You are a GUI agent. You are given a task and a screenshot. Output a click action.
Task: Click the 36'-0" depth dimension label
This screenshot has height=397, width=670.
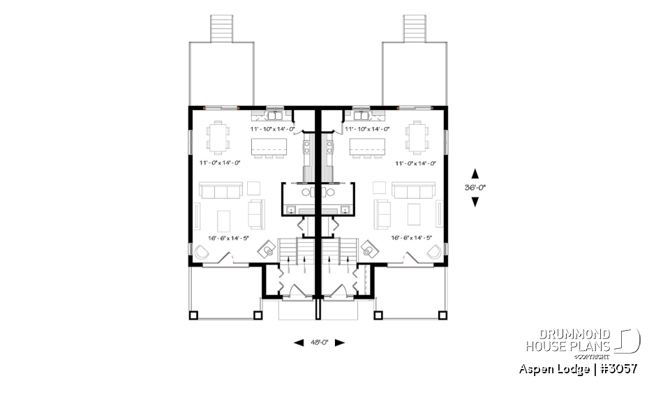475,187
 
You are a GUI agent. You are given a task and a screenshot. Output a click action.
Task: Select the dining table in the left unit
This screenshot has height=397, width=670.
220,136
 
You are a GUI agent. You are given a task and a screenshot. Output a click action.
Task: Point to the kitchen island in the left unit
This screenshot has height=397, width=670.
269,147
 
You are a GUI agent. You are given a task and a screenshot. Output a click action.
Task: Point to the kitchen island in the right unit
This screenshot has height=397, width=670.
368,147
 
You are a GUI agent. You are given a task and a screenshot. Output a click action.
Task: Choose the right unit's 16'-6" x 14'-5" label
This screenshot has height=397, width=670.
412,238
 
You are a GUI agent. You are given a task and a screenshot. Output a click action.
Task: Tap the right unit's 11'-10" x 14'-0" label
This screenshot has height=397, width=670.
366,129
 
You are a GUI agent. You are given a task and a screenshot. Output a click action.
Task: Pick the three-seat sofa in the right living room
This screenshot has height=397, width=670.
413,190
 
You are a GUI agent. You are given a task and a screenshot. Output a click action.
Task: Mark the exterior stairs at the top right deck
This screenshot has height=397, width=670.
415,28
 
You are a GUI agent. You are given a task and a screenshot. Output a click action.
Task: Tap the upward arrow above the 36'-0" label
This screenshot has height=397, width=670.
475,172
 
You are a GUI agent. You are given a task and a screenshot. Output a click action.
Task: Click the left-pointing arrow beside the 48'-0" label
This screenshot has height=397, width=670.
299,343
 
